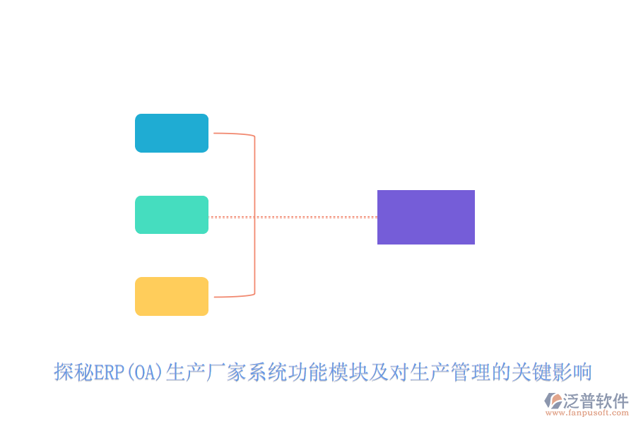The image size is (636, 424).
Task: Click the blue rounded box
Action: click(172, 133)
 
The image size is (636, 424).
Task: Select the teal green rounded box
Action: click(172, 215)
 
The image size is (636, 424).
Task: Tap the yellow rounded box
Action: click(172, 296)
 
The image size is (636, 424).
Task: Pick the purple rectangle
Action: click(426, 217)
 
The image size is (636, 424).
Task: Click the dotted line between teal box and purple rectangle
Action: click(318, 217)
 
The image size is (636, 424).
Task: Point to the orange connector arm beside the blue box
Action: click(232, 133)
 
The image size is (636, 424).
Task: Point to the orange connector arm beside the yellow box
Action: click(232, 296)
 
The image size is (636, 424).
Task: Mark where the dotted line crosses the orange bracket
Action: click(254, 217)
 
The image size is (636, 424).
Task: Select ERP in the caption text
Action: click(110, 372)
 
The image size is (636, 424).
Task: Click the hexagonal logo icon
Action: click(552, 401)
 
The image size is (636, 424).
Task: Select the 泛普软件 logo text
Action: click(595, 401)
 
